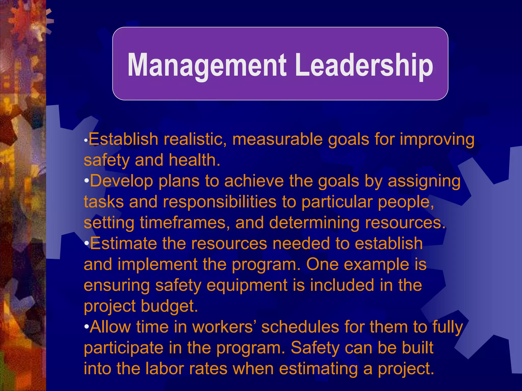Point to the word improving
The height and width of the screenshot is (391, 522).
437,140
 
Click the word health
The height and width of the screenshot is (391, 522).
194,160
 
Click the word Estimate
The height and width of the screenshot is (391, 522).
123,243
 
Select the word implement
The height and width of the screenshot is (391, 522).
157,265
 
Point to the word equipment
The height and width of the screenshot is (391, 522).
247,286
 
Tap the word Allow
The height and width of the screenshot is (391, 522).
110,327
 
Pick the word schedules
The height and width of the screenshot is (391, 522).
300,327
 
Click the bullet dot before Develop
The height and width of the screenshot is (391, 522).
86,181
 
